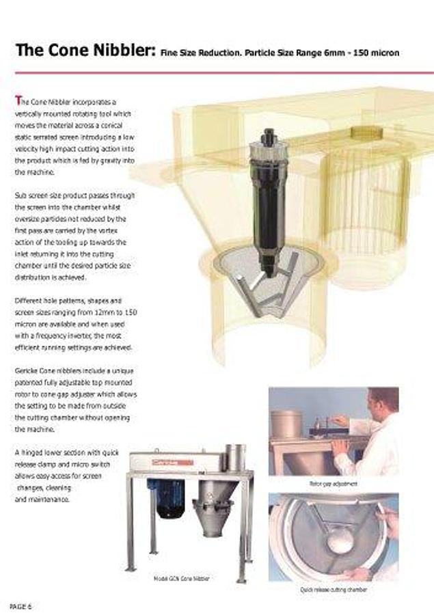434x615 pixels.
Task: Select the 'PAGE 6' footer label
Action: click(21, 606)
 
